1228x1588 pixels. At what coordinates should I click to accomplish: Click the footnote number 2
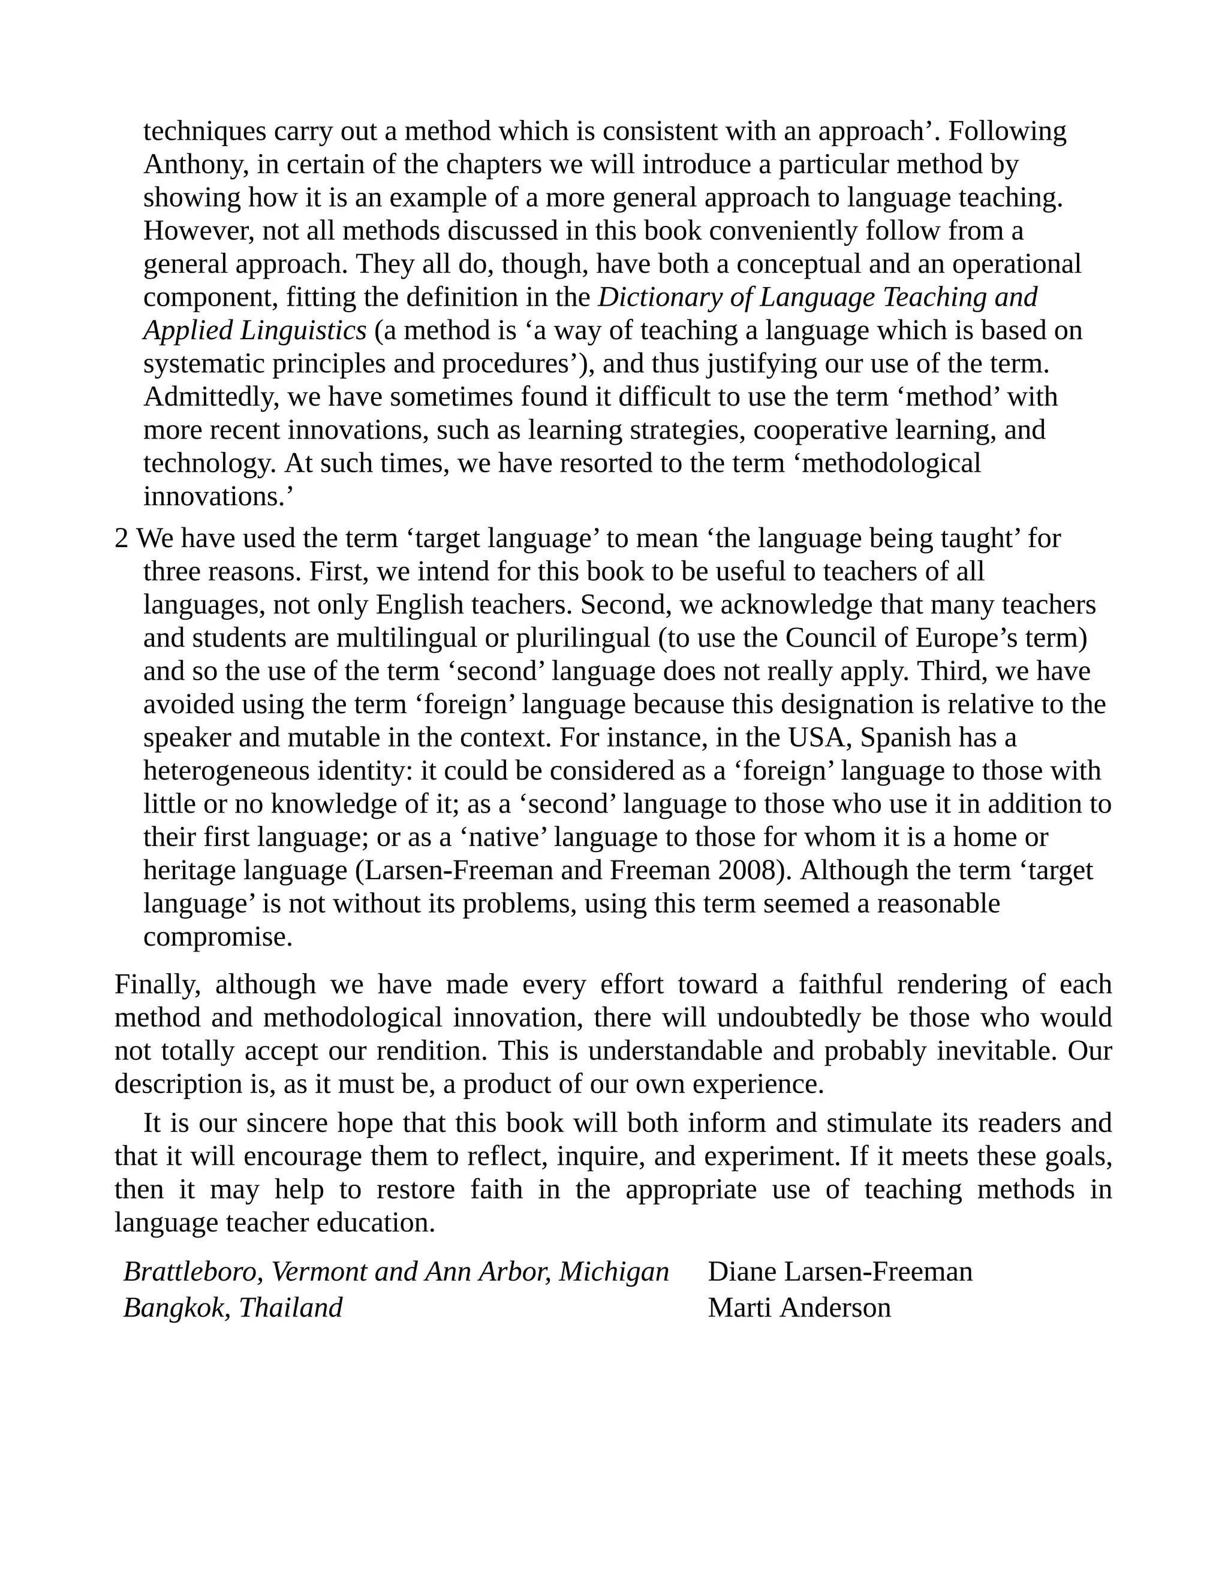pos(122,539)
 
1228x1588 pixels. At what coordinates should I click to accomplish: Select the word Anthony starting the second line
pos(191,165)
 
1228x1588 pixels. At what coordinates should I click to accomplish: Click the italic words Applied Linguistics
pos(255,331)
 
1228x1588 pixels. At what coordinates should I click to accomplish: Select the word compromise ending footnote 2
pos(218,937)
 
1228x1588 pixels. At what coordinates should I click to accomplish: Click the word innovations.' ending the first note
pos(218,497)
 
